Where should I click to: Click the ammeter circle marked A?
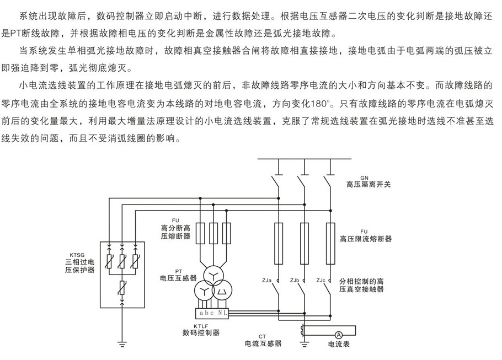click(x=339, y=335)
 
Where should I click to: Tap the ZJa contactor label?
click(x=266, y=280)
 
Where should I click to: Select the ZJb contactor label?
click(x=295, y=280)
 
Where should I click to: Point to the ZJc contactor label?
click(x=321, y=280)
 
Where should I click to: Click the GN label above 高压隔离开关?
click(x=364, y=178)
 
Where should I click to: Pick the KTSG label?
click(x=77, y=255)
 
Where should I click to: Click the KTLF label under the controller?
click(x=201, y=326)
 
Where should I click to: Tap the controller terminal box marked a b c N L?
click(x=212, y=313)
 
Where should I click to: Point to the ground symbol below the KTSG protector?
click(x=122, y=345)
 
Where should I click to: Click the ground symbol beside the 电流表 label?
click(x=304, y=345)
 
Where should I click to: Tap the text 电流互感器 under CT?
click(x=263, y=343)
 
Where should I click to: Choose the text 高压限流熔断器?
click(x=366, y=239)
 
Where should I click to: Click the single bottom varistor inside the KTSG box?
click(x=122, y=288)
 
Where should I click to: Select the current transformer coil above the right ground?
click(x=302, y=331)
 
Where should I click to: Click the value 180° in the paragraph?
click(x=320, y=104)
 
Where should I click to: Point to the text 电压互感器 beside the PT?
click(x=178, y=278)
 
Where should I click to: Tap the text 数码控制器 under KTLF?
click(x=201, y=332)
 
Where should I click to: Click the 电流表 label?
click(x=339, y=344)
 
